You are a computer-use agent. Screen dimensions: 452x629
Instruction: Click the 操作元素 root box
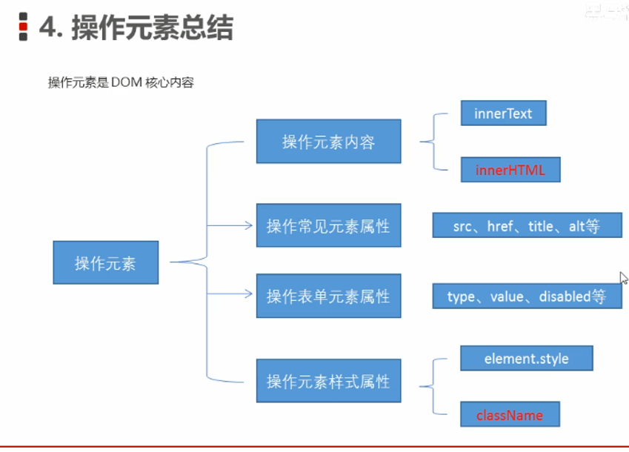105,262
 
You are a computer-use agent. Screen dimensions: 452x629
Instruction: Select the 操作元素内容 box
328,142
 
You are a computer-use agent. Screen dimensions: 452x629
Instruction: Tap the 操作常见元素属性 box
328,225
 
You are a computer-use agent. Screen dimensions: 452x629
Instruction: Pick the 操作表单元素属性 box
328,296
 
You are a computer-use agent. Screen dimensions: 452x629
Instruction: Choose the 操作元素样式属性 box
328,381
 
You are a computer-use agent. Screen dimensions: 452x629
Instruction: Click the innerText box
503,113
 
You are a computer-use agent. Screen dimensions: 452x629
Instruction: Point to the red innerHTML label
510,170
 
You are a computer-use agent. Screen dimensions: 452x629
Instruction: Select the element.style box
526,359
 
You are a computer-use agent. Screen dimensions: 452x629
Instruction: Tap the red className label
509,415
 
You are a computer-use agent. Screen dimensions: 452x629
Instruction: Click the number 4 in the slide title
48,27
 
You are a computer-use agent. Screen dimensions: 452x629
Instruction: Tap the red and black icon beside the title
23,27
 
